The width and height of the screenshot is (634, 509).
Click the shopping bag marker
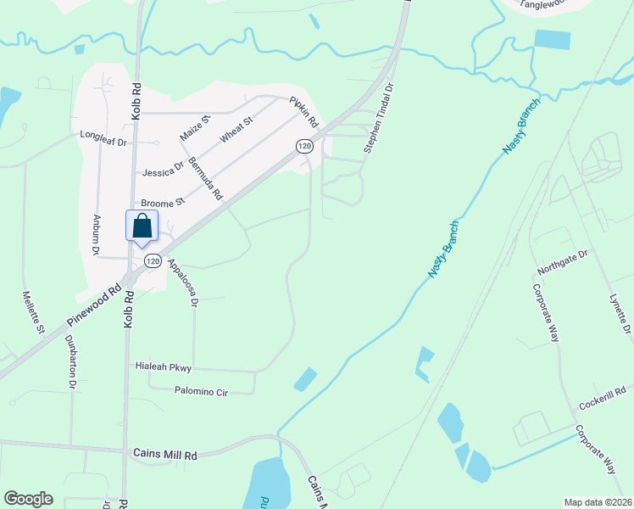[142, 227]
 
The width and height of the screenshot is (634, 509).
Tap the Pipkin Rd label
[303, 109]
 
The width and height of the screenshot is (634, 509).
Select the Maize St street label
[194, 127]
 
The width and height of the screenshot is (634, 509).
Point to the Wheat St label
[236, 130]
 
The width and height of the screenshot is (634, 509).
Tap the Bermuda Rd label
[204, 178]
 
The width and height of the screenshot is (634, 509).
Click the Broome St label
[162, 204]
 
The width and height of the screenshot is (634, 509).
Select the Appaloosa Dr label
[182, 282]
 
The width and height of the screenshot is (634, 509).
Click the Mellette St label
[33, 312]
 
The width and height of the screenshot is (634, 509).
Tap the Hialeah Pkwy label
[164, 367]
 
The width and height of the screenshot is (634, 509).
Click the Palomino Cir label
[202, 391]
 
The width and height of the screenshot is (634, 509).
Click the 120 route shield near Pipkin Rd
[305, 147]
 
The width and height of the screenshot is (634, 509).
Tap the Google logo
[28, 498]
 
